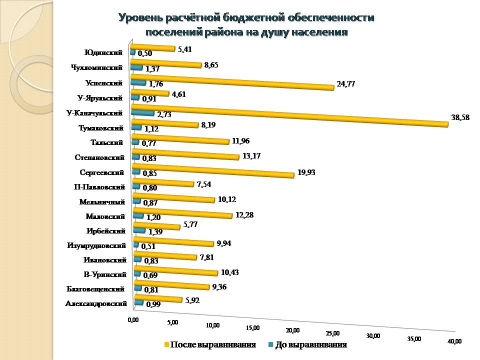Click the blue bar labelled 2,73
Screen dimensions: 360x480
click(x=142, y=113)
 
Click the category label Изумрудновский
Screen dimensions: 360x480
click(x=96, y=245)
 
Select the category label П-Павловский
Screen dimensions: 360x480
click(x=98, y=187)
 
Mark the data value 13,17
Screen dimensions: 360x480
click(x=251, y=155)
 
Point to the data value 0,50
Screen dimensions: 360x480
click(x=145, y=53)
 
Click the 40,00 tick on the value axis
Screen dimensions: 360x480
click(x=454, y=341)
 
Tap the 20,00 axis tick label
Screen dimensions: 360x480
click(x=292, y=330)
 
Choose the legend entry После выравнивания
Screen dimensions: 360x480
click(x=212, y=345)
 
